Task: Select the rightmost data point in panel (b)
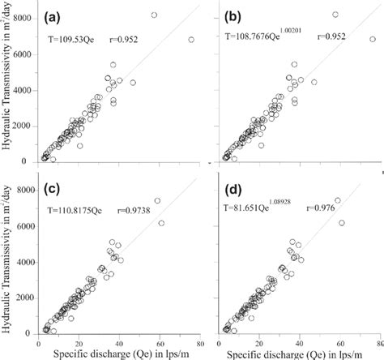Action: pyautogui.click(x=373, y=39)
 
